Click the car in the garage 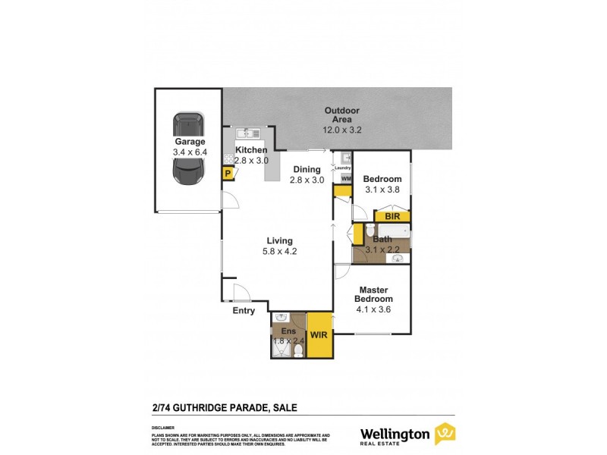188,149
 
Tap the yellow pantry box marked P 227,174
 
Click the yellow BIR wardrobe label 392,216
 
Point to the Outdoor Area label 342,115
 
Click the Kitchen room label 251,150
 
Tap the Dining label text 307,169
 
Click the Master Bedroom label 376,293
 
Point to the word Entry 244,310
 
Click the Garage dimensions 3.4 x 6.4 190,152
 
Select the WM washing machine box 346,178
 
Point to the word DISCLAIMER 162,427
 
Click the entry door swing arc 241,296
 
